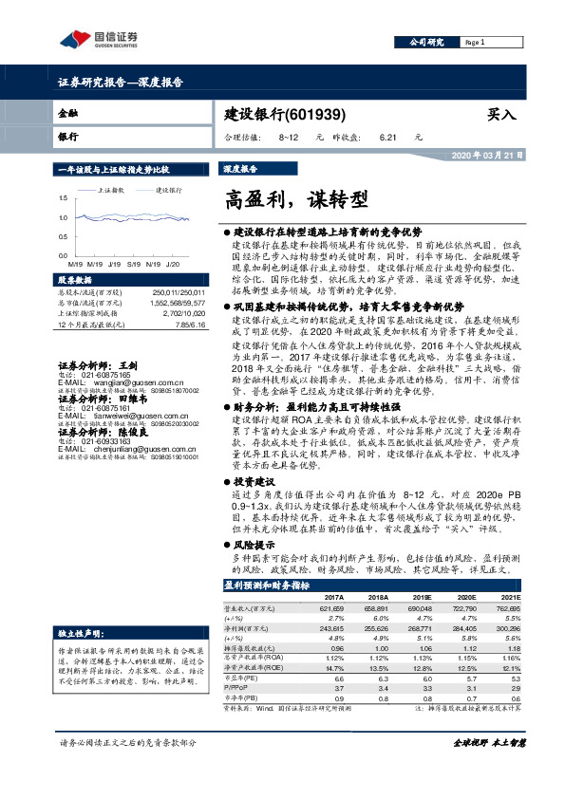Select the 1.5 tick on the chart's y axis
pyautogui.click(x=64, y=197)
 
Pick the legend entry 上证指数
pyautogui.click(x=111, y=190)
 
